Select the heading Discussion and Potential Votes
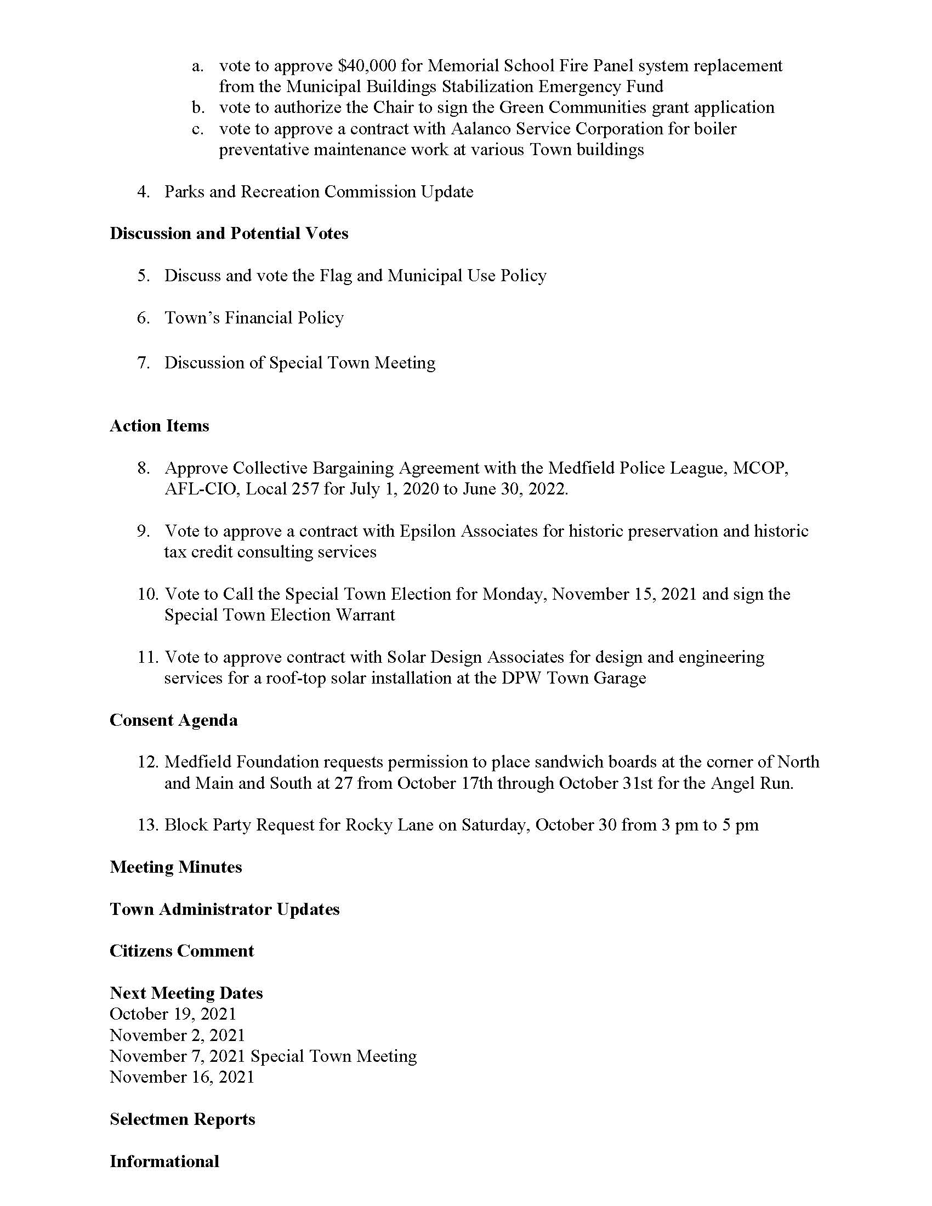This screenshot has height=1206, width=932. (229, 234)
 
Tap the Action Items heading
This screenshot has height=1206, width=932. (160, 426)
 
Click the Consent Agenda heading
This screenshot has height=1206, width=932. (174, 720)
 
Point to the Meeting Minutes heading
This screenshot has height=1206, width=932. (176, 867)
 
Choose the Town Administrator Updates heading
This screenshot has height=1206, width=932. (225, 909)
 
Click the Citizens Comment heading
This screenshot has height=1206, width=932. (182, 951)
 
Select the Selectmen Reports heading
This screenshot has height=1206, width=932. (183, 1119)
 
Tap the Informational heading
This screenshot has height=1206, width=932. (164, 1161)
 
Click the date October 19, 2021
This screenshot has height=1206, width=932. (173, 1014)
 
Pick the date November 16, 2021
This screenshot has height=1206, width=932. (182, 1077)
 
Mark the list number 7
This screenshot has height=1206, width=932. (144, 363)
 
